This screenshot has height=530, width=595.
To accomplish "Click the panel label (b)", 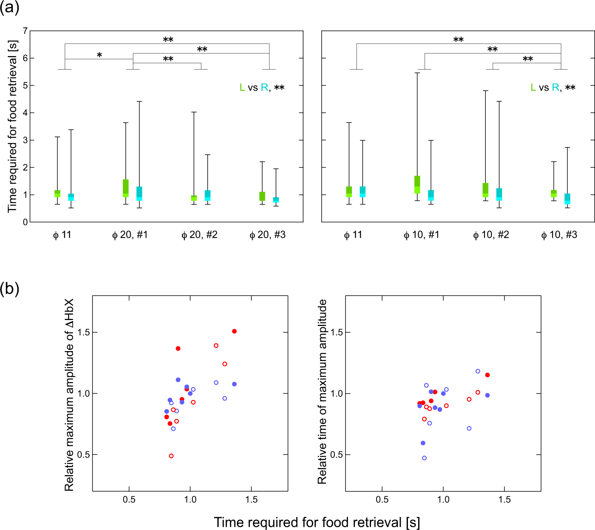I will coord(10,289).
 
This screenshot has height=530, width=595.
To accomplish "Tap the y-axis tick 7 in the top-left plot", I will coord(25,31).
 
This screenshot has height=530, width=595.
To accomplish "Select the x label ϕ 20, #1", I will coord(130,235).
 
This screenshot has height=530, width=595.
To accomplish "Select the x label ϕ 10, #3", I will coord(559,235).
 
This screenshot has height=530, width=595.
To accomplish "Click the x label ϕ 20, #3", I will coord(267,235).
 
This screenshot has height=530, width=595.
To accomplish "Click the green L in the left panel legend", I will coord(242,87).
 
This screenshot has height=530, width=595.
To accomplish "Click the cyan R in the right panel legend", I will coord(555,87).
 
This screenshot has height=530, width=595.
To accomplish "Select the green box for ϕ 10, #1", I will coord(417,184).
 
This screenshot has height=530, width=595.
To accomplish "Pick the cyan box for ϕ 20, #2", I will coord(207,196).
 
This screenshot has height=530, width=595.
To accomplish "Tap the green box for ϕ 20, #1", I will coord(126,188).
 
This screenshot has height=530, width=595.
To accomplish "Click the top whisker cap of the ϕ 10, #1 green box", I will coord(417,73).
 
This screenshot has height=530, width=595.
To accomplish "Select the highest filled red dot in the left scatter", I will coord(234,331).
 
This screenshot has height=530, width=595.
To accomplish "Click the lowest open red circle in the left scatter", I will coord(171,456).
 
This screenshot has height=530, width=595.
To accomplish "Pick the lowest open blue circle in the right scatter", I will coord(424,458).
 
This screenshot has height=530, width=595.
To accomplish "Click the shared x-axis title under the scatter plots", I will coord(317,522).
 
